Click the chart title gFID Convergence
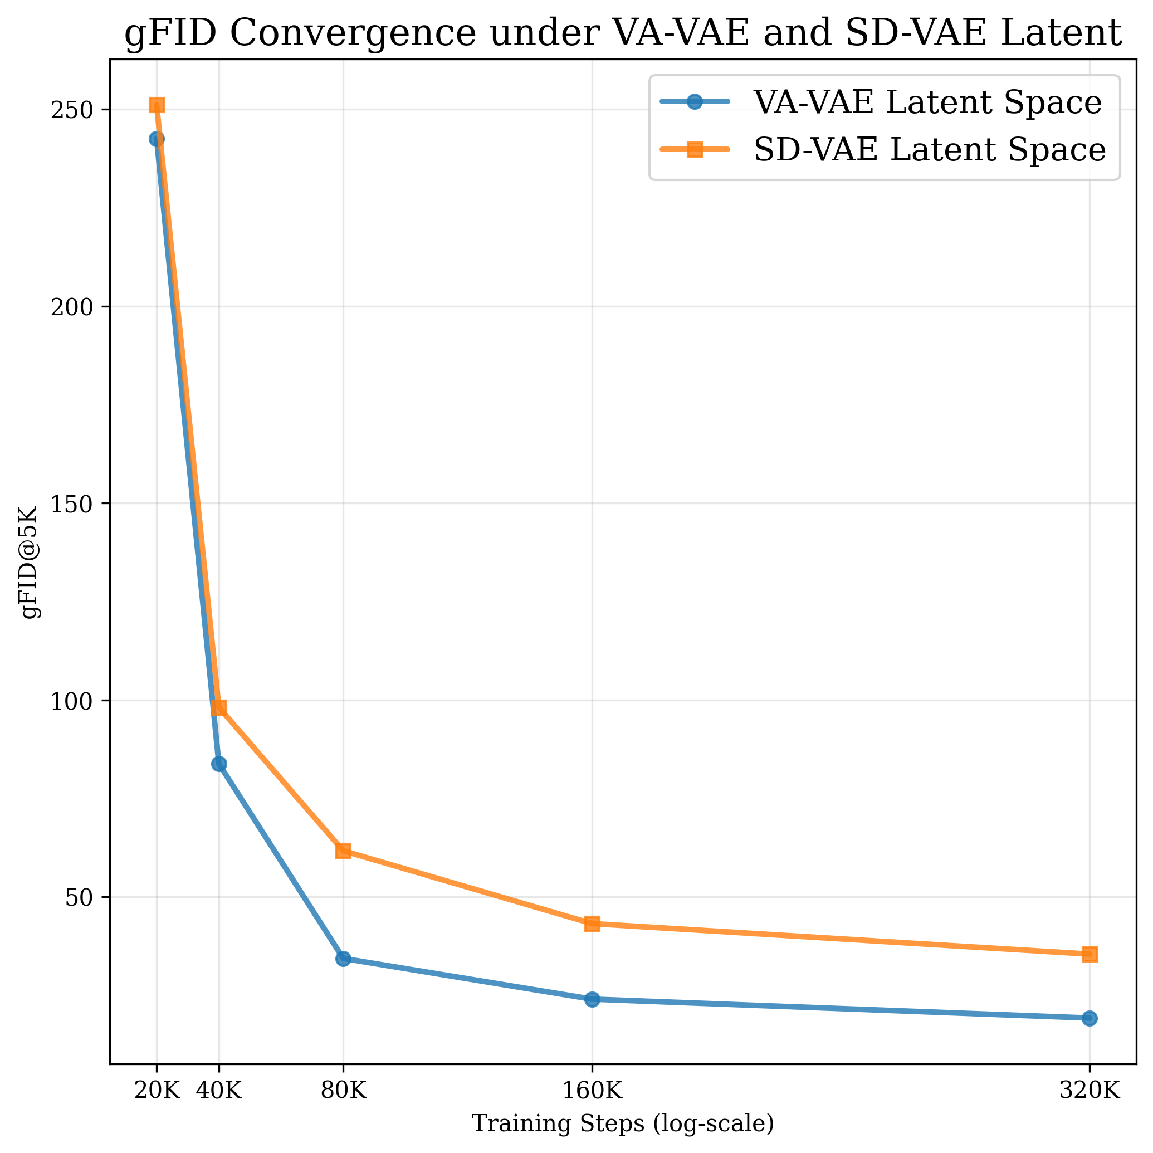[x=623, y=33]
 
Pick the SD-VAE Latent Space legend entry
[x=929, y=149]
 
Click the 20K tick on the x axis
[x=157, y=1091]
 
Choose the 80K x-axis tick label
[x=343, y=1091]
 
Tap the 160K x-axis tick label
[x=592, y=1091]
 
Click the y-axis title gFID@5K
[x=29, y=562]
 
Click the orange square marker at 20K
[x=157, y=106]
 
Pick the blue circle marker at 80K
[x=343, y=959]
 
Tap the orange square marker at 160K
[x=592, y=924]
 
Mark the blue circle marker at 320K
[x=1089, y=1018]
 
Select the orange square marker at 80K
[x=343, y=851]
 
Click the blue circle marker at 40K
[x=219, y=764]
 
